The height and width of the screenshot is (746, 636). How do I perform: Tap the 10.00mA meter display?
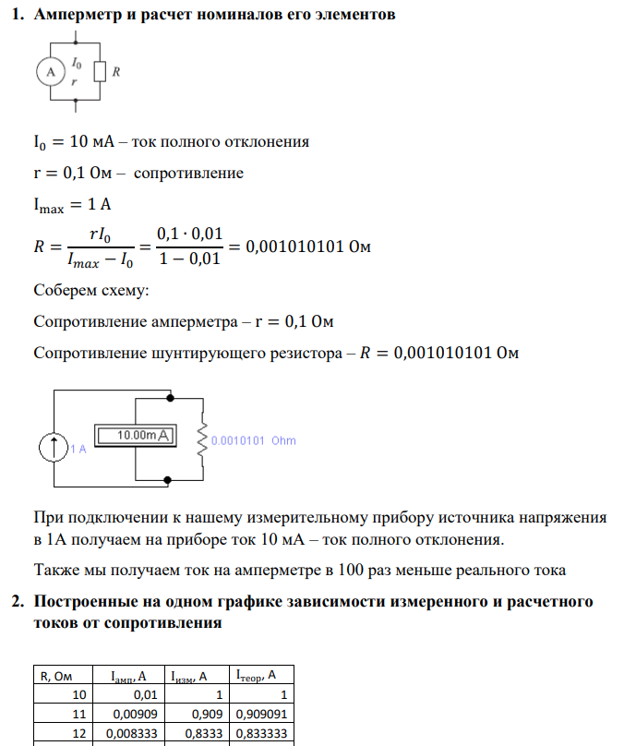click(137, 434)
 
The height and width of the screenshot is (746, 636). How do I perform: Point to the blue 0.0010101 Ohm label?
click(254, 441)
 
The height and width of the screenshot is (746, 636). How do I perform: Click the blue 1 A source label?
click(78, 450)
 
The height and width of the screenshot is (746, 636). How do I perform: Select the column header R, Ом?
click(62, 677)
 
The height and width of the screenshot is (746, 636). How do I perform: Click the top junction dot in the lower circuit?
click(170, 397)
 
